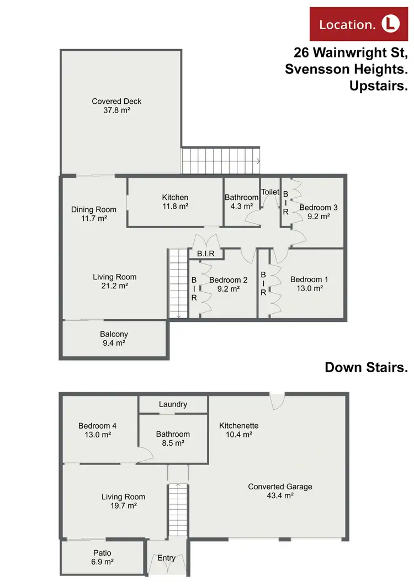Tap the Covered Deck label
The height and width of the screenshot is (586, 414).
116,105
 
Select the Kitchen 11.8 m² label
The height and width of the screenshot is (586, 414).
175,202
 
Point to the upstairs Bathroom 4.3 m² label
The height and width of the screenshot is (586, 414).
241,202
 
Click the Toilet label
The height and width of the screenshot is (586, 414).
270,192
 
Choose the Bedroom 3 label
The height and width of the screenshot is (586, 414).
318,212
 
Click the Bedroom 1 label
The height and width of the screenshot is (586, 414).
309,283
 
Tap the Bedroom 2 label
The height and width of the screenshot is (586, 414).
227,284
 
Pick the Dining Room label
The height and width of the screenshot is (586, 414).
94,214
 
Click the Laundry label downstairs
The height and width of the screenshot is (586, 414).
173,404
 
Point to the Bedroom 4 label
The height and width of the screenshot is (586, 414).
97,430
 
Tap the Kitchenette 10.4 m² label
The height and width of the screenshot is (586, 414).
238,430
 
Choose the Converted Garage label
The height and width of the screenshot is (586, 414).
280,491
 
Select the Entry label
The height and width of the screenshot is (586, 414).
167,558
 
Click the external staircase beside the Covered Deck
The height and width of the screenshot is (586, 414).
220,161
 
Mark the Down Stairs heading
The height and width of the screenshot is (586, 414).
365,367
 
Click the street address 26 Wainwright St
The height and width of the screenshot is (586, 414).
351,54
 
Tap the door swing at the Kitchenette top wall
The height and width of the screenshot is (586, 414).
277,400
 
